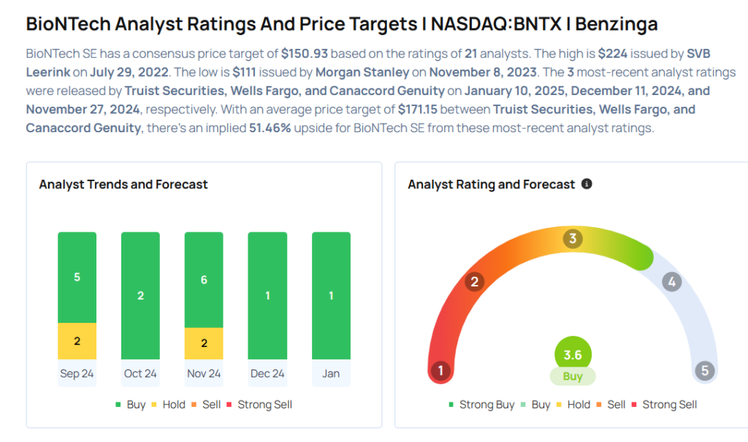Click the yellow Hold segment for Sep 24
tap(77, 341)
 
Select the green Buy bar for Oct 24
tap(140, 295)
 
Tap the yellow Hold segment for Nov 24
tap(204, 343)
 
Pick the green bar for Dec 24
tap(267, 295)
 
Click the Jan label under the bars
tap(331, 373)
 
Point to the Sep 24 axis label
tap(77, 373)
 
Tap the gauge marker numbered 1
tap(440, 370)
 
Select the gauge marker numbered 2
tap(475, 282)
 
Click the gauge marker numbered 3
tap(573, 239)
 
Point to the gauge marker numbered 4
tap(671, 281)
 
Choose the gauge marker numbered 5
tap(705, 370)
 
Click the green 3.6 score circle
tap(573, 355)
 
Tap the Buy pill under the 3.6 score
tap(573, 376)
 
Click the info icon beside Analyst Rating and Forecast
tap(586, 184)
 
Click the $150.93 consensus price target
tap(302, 54)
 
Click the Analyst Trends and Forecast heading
tap(123, 184)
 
